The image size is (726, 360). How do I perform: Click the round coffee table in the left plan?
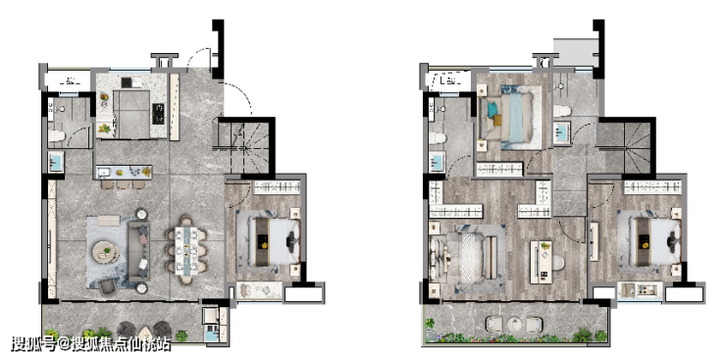(x=106, y=252)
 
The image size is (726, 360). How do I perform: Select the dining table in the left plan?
(x=186, y=250)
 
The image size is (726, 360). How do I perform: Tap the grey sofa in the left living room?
(x=138, y=251)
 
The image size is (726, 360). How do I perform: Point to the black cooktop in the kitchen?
(x=158, y=114)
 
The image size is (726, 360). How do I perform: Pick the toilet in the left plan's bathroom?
(x=58, y=135)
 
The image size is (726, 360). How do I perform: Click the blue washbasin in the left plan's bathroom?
(x=56, y=162)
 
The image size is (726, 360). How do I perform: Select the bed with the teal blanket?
(x=510, y=118)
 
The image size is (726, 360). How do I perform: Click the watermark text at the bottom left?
(x=91, y=344)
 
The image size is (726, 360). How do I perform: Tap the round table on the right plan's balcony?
(x=514, y=324)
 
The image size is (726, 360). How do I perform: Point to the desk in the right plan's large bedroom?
(x=541, y=262)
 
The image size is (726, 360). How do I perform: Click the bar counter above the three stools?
(x=124, y=172)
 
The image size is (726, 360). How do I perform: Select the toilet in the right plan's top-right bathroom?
(x=561, y=111)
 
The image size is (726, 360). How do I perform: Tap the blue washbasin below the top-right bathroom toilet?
(x=561, y=130)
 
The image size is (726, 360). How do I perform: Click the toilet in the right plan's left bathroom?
(x=438, y=138)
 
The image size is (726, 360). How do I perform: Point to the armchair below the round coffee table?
(x=107, y=286)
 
